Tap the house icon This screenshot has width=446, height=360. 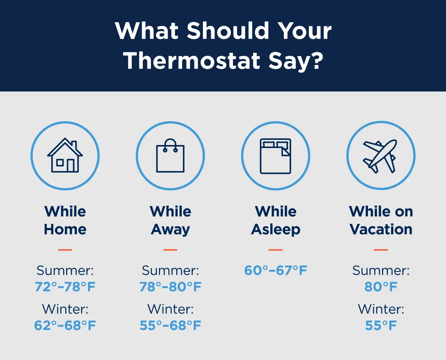(x=65, y=155)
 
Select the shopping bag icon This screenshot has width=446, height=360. (x=170, y=155)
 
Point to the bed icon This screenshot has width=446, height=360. (x=276, y=156)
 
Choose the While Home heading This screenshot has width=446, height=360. (x=65, y=221)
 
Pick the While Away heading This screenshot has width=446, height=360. (x=170, y=221)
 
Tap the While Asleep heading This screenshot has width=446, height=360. (x=276, y=221)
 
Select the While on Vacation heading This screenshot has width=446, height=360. (x=381, y=221)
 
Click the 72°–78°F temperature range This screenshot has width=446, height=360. (x=65, y=287)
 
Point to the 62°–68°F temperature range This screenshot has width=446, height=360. (x=65, y=325)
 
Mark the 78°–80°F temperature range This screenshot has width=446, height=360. (x=170, y=287)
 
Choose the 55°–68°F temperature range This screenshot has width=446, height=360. (x=170, y=325)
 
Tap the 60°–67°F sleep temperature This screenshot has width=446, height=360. (x=276, y=270)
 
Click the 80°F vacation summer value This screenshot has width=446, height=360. (x=381, y=287)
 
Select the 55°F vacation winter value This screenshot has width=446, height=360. (x=381, y=325)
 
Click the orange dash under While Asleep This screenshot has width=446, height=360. (x=276, y=250)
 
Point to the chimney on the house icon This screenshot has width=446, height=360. (x=74, y=145)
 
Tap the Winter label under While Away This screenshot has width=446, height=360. (x=170, y=309)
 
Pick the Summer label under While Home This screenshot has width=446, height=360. (x=65, y=271)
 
